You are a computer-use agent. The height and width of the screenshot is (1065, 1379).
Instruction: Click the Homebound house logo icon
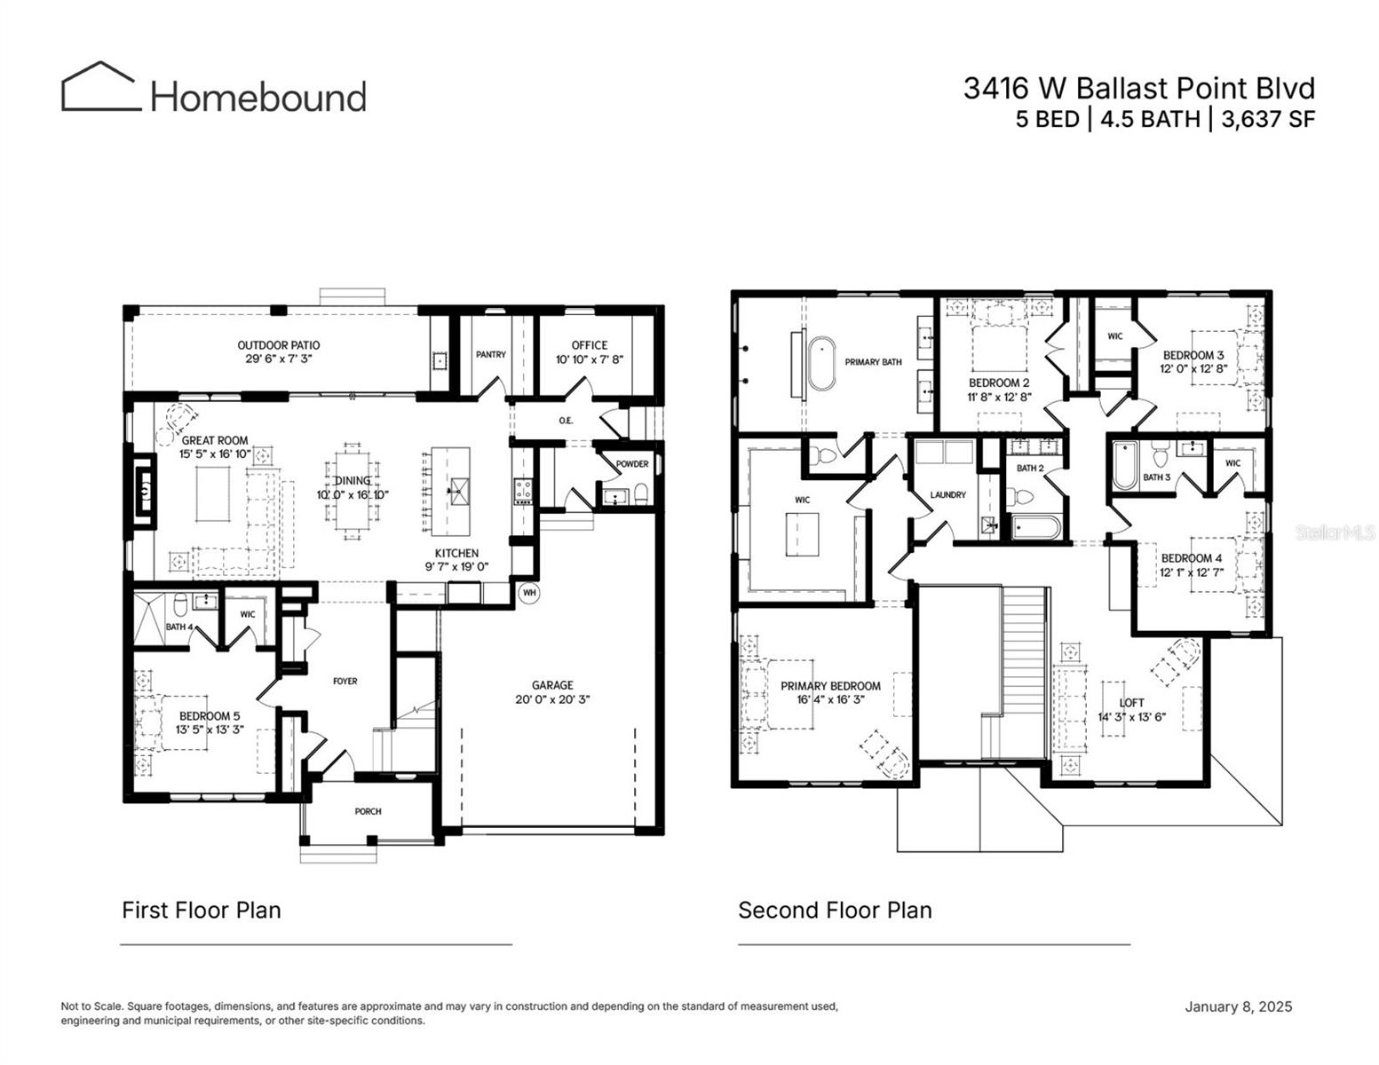click(x=100, y=88)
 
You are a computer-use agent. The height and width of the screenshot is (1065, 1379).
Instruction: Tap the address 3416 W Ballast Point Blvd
click(x=1138, y=88)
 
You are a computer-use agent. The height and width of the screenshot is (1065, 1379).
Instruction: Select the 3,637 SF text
click(x=1267, y=119)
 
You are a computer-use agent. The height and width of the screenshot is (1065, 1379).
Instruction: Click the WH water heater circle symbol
click(x=529, y=592)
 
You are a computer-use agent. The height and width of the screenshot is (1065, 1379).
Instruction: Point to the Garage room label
click(x=552, y=685)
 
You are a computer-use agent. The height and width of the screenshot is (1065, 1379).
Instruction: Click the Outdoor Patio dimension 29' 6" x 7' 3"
click(x=279, y=359)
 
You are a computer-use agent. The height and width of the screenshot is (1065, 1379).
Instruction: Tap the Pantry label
click(x=490, y=354)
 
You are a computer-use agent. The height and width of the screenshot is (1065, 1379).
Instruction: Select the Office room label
click(x=589, y=345)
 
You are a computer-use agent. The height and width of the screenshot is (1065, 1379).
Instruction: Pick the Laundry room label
click(x=947, y=494)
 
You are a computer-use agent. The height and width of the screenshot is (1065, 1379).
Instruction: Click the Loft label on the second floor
click(x=1131, y=703)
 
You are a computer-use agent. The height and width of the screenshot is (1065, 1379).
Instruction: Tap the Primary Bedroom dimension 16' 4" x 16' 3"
click(x=830, y=699)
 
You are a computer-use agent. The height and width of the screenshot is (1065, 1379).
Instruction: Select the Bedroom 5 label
click(x=210, y=716)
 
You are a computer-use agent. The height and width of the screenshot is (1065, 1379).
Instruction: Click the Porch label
click(x=368, y=811)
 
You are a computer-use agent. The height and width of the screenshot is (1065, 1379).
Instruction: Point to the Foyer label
click(x=345, y=682)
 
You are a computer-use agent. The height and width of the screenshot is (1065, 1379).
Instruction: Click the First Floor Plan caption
click(x=202, y=911)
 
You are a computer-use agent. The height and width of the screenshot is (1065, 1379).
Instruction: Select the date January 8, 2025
click(x=1238, y=1006)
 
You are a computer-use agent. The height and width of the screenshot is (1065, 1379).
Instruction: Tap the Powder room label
click(x=632, y=464)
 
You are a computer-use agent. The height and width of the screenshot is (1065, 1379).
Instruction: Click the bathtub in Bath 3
click(x=1124, y=465)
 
